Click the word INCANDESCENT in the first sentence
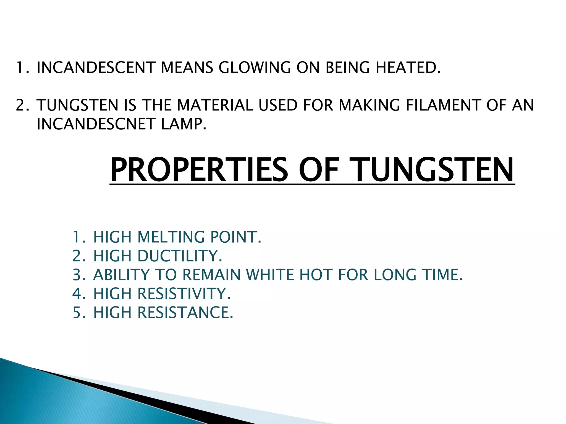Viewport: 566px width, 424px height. (x=95, y=68)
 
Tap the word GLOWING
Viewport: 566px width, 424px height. (x=255, y=68)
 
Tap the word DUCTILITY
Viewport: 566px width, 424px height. (x=179, y=256)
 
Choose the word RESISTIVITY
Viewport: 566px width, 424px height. (x=184, y=293)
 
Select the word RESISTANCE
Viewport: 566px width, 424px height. (x=185, y=312)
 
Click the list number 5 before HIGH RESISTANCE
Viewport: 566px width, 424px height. (x=77, y=312)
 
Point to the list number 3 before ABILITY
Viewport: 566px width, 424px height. (x=77, y=275)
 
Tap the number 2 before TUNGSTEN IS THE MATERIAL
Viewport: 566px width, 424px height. (x=20, y=105)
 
